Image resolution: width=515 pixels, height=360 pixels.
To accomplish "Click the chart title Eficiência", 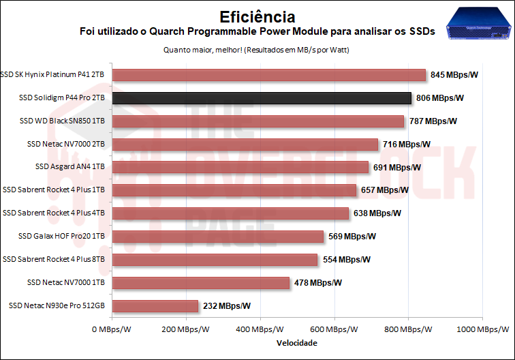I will [x=257, y=16].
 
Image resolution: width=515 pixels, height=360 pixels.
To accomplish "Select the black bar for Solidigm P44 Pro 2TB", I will [x=262, y=98].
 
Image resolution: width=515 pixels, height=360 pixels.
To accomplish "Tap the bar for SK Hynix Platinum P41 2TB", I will [x=268, y=75].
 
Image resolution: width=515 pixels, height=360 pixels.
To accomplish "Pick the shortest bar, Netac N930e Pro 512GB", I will [x=155, y=306].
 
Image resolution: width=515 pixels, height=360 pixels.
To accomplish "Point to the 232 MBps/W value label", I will [x=227, y=306].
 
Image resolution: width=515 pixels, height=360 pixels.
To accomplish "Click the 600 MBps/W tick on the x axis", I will [x=334, y=330].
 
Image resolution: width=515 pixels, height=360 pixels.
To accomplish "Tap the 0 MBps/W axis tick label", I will [x=112, y=330].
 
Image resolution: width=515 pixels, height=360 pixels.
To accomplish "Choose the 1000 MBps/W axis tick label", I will [x=482, y=330].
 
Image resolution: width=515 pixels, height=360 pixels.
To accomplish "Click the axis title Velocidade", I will [x=297, y=343].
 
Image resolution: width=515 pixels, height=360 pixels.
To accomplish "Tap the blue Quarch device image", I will [x=478, y=25].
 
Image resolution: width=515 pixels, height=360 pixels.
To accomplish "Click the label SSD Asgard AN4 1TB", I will [x=70, y=167].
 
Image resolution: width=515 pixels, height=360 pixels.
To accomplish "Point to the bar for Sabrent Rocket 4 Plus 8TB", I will [x=215, y=260].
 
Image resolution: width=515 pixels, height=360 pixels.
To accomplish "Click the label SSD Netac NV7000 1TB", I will [x=66, y=283].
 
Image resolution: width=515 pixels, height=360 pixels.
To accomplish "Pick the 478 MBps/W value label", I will [x=318, y=283].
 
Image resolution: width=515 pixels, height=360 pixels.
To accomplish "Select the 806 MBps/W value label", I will [x=440, y=98].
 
